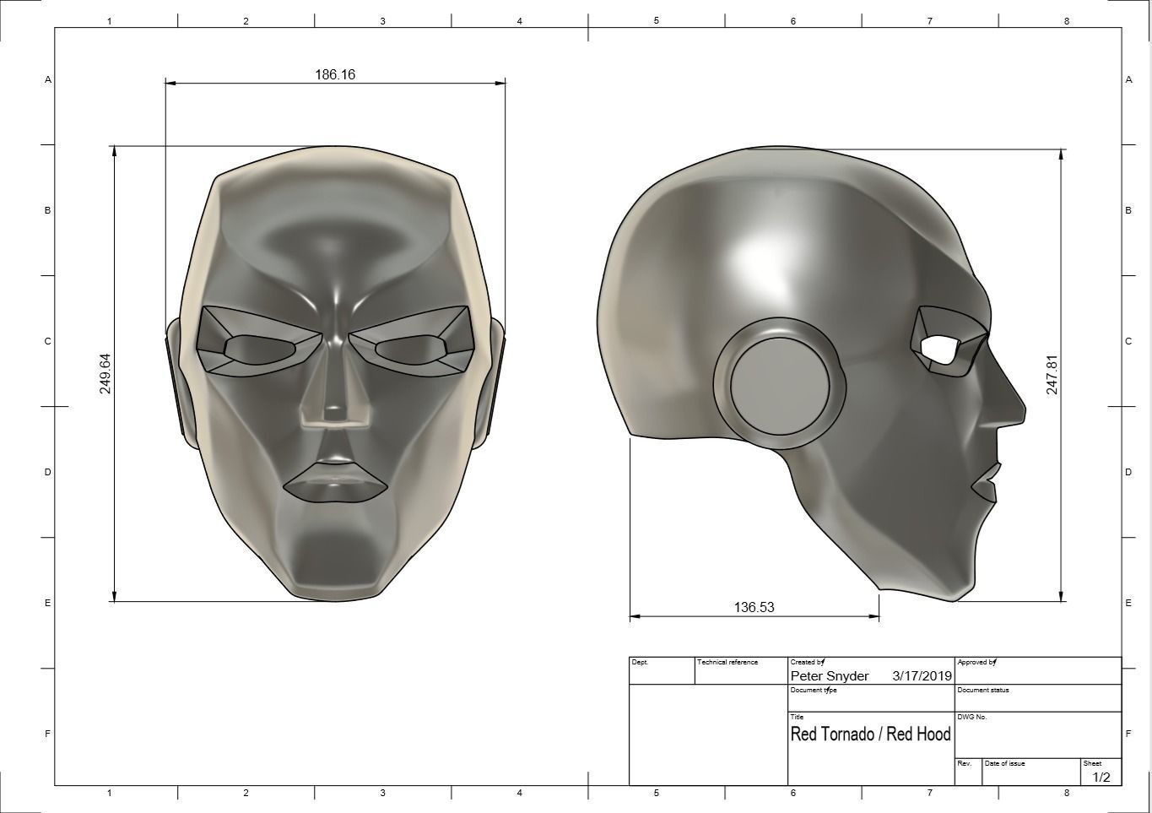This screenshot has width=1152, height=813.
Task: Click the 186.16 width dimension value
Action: pos(335,74)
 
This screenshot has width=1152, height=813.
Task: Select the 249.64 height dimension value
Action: pos(105,373)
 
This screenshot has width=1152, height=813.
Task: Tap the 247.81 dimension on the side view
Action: pos(1052,375)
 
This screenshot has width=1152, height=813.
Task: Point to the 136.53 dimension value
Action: pos(754,607)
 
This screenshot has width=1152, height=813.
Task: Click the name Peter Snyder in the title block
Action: pos(829,676)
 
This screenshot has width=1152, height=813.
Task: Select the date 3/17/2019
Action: pos(922,676)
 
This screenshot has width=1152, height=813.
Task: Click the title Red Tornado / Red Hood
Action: pos(870,734)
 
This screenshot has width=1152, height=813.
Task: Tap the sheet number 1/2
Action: pos(1101,778)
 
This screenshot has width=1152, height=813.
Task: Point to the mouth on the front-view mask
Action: pos(335,483)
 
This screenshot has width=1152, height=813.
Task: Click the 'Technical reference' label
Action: pos(727,663)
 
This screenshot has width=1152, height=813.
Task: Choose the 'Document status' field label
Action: pos(982,690)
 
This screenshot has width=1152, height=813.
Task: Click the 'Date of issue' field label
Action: pos(1004,763)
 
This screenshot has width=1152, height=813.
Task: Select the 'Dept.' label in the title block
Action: pos(640,663)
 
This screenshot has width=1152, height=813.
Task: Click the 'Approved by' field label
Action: pos(976,663)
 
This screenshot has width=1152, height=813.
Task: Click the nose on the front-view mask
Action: pos(336,397)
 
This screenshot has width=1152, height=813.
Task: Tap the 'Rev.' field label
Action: pos(964,763)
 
